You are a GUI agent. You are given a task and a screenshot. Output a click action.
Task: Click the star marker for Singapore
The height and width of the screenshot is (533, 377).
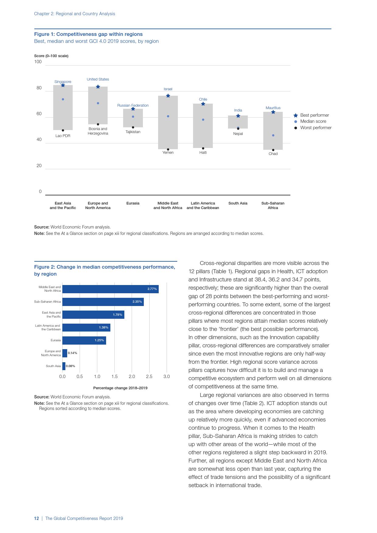pos(63,85)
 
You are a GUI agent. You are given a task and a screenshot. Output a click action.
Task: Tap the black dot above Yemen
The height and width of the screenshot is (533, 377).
pos(168,149)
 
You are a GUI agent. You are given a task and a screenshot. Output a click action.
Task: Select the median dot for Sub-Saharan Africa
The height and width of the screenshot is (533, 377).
pos(273,135)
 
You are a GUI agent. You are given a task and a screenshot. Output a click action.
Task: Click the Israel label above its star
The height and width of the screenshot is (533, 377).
pos(168,89)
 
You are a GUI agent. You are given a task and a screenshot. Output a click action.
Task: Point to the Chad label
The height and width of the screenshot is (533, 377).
pos(273,154)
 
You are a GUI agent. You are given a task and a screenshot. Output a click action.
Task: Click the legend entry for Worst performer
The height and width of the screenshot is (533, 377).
pos(316,128)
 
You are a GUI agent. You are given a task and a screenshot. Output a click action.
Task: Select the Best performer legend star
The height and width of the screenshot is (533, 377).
pos(296,115)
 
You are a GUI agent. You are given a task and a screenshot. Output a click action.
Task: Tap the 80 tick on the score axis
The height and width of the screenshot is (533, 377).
pos(39,88)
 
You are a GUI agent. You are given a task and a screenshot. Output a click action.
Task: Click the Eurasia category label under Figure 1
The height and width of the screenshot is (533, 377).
pos(133,203)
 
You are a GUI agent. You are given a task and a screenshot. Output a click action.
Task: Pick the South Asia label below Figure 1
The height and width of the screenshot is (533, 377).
pos(238,203)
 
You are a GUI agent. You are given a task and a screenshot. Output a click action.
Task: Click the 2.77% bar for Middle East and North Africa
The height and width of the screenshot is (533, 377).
pos(110,289)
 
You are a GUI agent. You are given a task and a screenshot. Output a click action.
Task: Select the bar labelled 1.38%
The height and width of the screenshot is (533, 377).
pos(86,328)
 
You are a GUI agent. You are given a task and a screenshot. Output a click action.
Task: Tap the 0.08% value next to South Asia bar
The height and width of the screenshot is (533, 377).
pos(71,366)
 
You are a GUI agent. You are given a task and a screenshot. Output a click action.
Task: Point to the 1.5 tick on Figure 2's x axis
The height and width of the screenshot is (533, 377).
pos(114,377)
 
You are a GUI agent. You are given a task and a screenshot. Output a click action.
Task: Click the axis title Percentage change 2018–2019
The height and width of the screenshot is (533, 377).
pos(120,388)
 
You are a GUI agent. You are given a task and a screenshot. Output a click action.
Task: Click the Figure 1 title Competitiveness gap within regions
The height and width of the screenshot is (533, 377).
pos(88,34)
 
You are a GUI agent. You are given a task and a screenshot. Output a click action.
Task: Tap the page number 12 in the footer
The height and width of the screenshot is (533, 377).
pos(36,518)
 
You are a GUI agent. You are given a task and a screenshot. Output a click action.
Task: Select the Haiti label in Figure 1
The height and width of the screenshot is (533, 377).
pos(203,153)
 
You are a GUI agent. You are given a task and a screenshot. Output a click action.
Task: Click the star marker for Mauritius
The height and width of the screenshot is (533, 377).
pos(273,112)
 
